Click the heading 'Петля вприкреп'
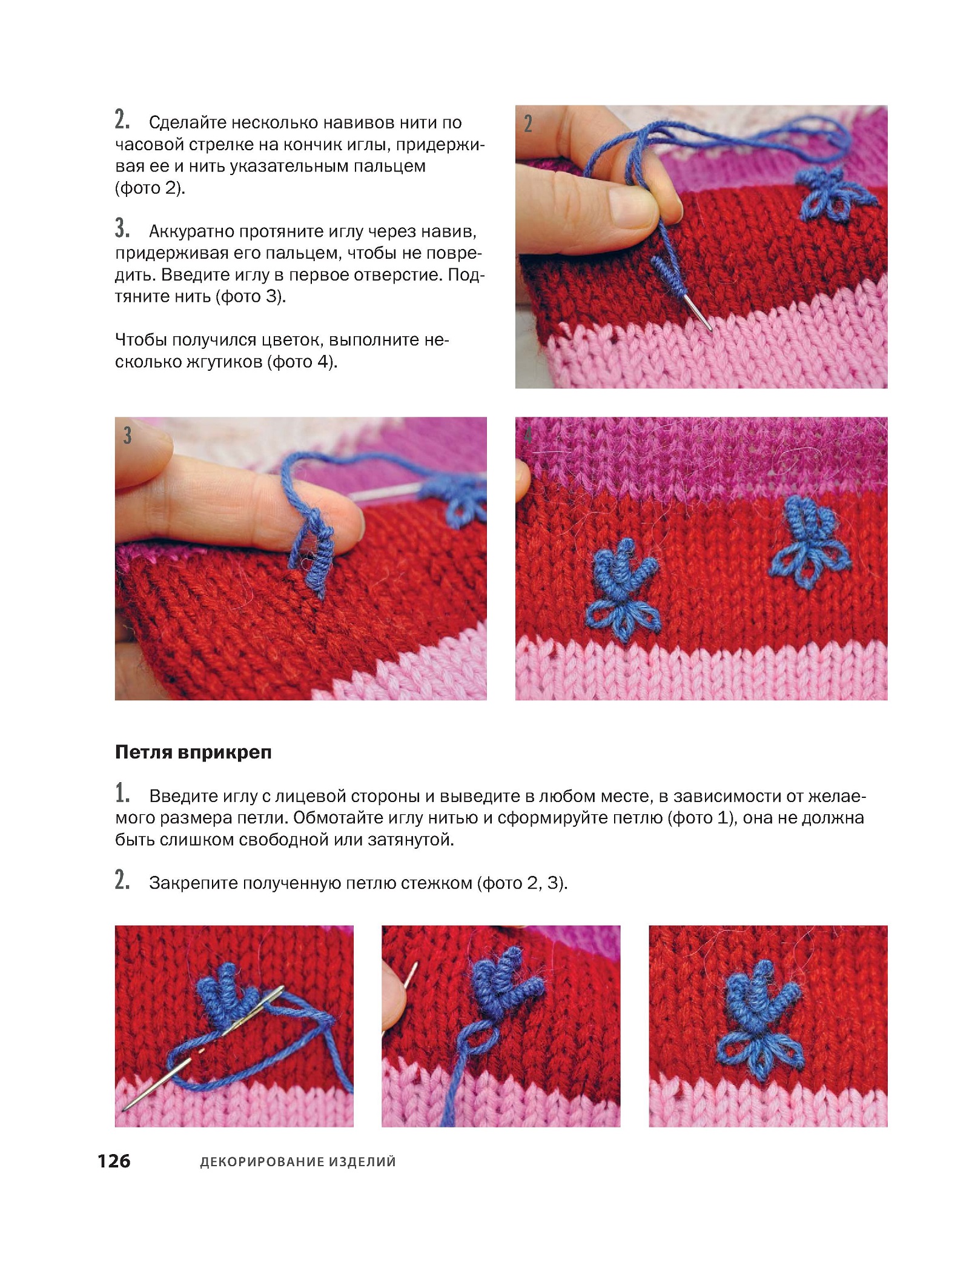click(x=193, y=752)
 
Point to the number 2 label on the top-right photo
click(x=528, y=124)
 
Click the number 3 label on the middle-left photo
click(x=127, y=435)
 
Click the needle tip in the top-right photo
click(x=710, y=329)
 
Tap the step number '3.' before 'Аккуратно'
click(x=122, y=230)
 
